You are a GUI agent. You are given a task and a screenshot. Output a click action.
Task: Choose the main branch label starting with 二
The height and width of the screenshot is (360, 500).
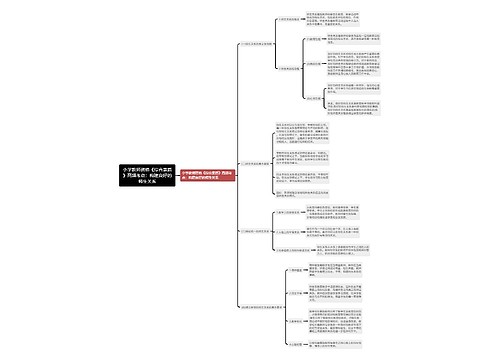pos(261,162)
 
